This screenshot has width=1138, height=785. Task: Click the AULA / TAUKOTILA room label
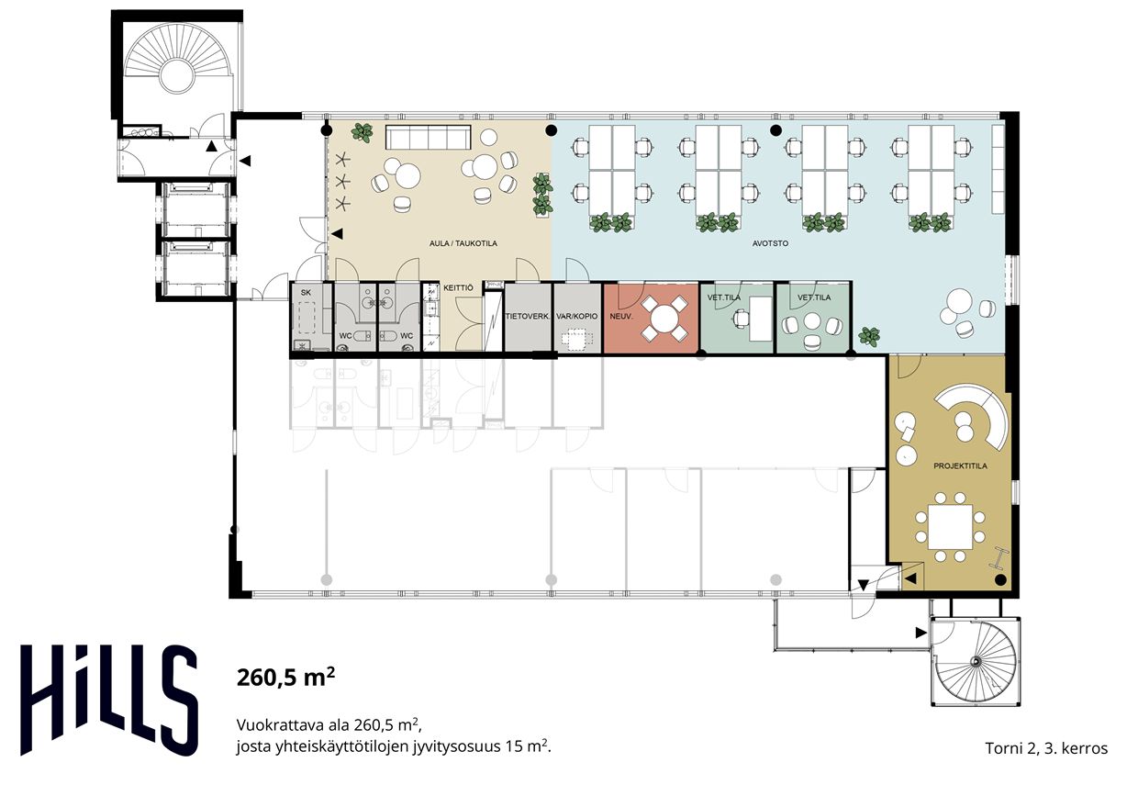[463, 243]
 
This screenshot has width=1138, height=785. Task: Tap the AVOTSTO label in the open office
[770, 243]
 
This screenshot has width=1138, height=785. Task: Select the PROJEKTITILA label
[960, 465]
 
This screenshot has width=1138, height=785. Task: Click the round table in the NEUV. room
[664, 319]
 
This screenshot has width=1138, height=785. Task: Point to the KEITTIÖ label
[458, 287]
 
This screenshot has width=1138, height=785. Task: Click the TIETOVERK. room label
[528, 316]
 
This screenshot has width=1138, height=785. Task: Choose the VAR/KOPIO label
[577, 316]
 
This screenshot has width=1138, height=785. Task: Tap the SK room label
[306, 292]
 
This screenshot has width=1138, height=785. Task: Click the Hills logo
[108, 701]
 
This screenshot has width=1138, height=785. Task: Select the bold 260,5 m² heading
[285, 677]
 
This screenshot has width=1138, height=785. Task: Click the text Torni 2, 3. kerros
[1046, 748]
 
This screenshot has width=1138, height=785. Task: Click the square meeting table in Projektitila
[950, 527]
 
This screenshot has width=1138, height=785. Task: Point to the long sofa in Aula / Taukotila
[428, 137]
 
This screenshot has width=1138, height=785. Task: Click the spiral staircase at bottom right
[976, 661]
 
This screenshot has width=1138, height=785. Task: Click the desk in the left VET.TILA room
[761, 319]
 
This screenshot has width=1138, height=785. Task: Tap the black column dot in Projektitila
[1000, 579]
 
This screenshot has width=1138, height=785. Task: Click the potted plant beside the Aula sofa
[362, 132]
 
